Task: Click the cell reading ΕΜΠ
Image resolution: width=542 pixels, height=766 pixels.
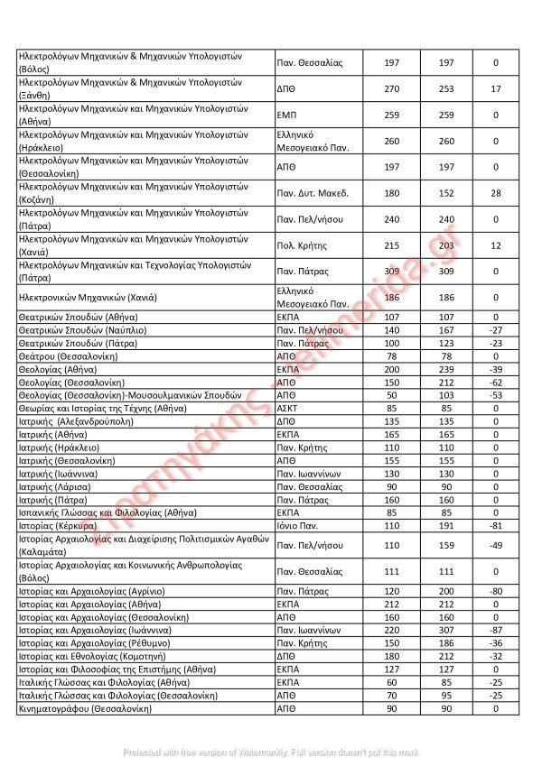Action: pyautogui.click(x=287, y=115)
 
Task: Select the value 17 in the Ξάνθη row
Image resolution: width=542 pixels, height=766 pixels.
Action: pyautogui.click(x=496, y=88)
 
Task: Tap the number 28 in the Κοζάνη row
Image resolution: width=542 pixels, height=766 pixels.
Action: pyautogui.click(x=496, y=193)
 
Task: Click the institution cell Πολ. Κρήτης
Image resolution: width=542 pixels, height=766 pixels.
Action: pyautogui.click(x=302, y=245)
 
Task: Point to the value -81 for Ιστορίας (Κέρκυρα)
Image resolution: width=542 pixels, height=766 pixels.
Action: pyautogui.click(x=496, y=525)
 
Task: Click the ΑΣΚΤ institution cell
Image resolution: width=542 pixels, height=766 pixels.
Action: pyautogui.click(x=287, y=408)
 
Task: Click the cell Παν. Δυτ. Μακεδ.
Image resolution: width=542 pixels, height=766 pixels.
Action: pyautogui.click(x=313, y=193)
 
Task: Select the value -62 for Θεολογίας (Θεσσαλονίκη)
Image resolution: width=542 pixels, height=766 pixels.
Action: pyautogui.click(x=496, y=382)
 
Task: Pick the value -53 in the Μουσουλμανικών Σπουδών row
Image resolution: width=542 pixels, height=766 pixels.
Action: pyautogui.click(x=496, y=395)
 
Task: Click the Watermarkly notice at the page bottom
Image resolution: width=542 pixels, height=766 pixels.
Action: pyautogui.click(x=271, y=752)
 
